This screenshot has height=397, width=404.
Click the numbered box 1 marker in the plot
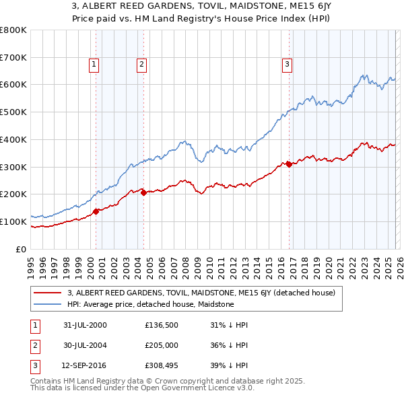coord(93,65)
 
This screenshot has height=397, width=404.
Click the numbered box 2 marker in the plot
coord(142,65)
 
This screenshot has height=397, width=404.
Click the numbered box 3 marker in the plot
coord(287,65)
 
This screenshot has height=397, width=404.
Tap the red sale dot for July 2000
coord(96,211)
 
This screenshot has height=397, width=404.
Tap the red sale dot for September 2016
coord(289,164)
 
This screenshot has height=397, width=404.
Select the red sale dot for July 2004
coord(143,192)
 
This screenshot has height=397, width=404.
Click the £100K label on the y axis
coord(13,221)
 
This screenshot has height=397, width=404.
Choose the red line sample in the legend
coord(48,293)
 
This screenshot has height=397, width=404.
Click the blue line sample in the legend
coord(48,304)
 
